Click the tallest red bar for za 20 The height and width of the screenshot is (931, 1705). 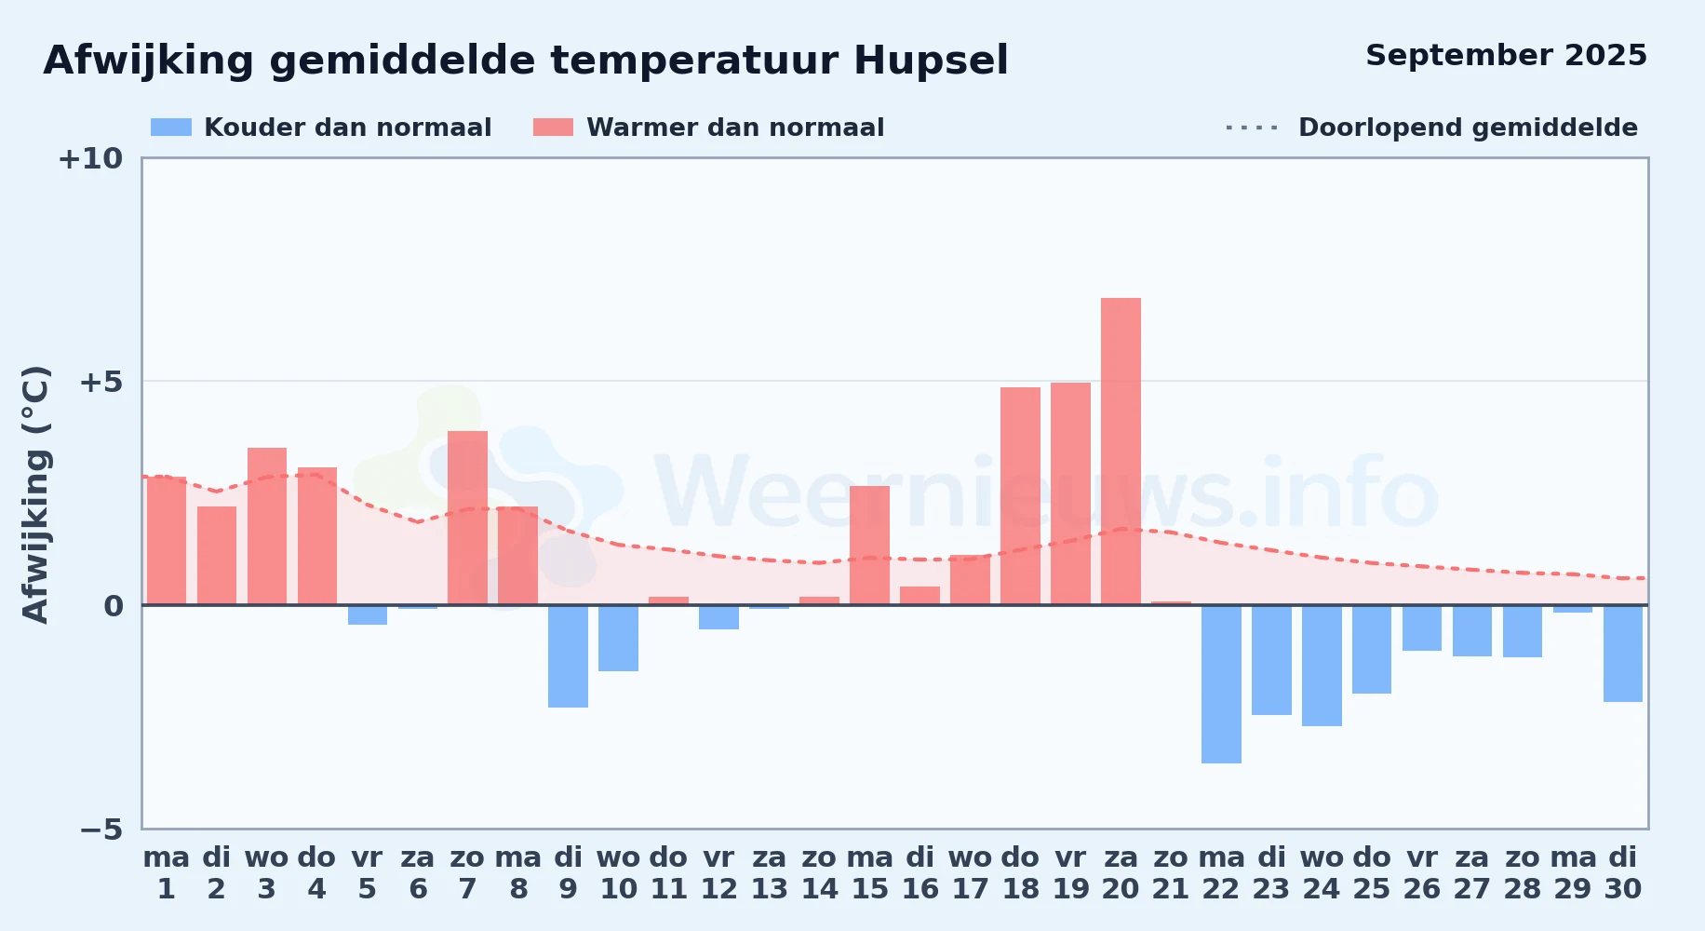pos(1121,452)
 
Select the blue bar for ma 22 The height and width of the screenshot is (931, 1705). pos(1221,684)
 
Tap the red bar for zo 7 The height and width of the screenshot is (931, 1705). pos(467,518)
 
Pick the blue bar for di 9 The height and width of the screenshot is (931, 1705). pos(568,656)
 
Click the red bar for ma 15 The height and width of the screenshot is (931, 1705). pos(869,546)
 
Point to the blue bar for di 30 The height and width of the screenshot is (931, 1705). pos(1623,654)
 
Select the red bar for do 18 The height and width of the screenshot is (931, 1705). pos(1020,496)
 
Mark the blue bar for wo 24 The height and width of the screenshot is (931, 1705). pos(1322,666)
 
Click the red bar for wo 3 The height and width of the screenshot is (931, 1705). pos(267,526)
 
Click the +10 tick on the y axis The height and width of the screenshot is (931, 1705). pos(90,158)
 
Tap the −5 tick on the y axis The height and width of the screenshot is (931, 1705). pos(101,829)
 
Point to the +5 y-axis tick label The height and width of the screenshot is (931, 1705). pos(101,382)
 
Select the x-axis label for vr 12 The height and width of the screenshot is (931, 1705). pos(718,872)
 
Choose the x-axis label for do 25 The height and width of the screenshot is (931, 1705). pos(1372,872)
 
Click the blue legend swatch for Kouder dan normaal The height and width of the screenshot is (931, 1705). pos(171,128)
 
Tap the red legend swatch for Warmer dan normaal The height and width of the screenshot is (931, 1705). pos(554,128)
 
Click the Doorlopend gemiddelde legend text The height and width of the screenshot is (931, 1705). pos(1468,128)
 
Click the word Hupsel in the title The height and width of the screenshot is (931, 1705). pos(931,61)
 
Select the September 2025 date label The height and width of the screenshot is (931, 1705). pos(1506,56)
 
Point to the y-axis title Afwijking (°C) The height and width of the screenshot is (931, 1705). pos(36,493)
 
